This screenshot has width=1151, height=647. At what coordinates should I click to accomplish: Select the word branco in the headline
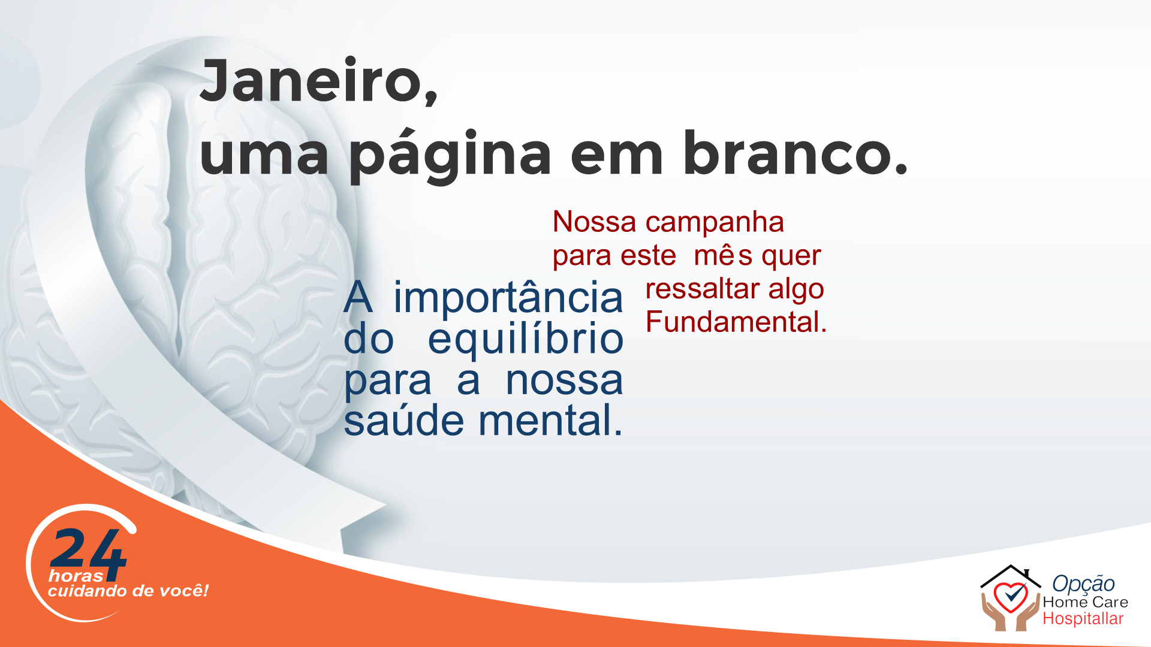pos(795,153)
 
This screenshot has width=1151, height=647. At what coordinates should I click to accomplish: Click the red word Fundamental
pos(736,322)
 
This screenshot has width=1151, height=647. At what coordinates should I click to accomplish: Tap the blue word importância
pos(508,298)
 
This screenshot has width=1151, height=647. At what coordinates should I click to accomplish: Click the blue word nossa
pos(564,381)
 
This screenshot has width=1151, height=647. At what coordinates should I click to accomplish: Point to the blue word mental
pos(551,421)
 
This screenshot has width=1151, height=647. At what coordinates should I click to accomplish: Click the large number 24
pos(88,554)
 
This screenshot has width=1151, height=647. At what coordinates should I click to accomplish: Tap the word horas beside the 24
pos(76,576)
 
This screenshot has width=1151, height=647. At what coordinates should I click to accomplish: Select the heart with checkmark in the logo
pos(1011,597)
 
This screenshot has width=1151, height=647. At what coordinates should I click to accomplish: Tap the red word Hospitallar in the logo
pos(1083,619)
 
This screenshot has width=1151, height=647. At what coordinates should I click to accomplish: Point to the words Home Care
pos(1086,602)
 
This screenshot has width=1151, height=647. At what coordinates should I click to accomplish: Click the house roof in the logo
pos(1011,575)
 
